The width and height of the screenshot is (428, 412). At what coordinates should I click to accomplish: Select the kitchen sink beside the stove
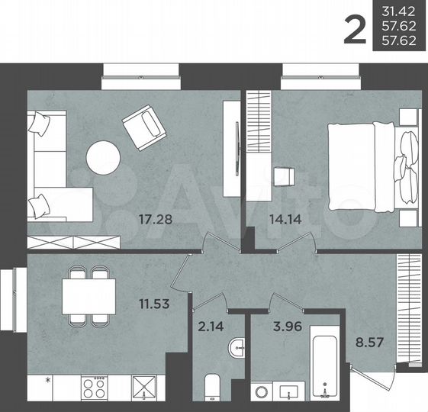click(143, 388)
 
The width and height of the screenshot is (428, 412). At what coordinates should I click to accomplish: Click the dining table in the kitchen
click(89, 295)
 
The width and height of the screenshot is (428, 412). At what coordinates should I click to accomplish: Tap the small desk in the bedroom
click(285, 175)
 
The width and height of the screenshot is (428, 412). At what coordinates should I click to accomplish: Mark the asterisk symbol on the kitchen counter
click(48, 380)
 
